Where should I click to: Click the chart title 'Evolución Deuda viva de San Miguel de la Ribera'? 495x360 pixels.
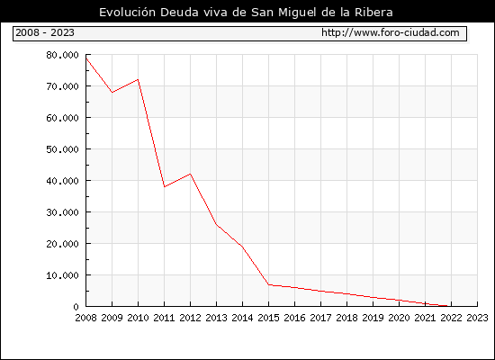point(246,13)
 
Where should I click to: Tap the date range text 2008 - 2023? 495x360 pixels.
point(45,32)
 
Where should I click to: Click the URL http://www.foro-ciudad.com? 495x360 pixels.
point(391,32)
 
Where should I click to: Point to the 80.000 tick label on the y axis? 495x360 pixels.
point(62,55)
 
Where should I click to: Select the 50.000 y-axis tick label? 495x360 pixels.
point(62,149)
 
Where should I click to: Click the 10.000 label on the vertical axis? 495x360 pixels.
point(62,275)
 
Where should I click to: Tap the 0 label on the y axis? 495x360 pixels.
point(76,307)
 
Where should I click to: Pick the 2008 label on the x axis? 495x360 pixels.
point(85,318)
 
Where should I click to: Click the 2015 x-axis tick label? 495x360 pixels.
point(269,318)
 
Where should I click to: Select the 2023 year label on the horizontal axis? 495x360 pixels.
point(477,318)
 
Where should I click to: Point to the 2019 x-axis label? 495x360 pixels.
point(373,318)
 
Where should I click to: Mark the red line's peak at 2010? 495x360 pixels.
point(138,79)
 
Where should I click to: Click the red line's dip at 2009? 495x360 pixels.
point(112,92)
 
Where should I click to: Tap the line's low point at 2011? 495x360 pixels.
point(164,186)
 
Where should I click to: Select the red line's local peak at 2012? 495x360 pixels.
point(191,174)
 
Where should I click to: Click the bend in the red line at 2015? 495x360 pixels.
point(269,284)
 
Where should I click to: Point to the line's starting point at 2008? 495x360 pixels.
point(86,58)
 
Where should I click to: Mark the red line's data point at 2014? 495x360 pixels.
point(242,247)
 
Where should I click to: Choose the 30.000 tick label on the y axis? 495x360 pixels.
point(62,212)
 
